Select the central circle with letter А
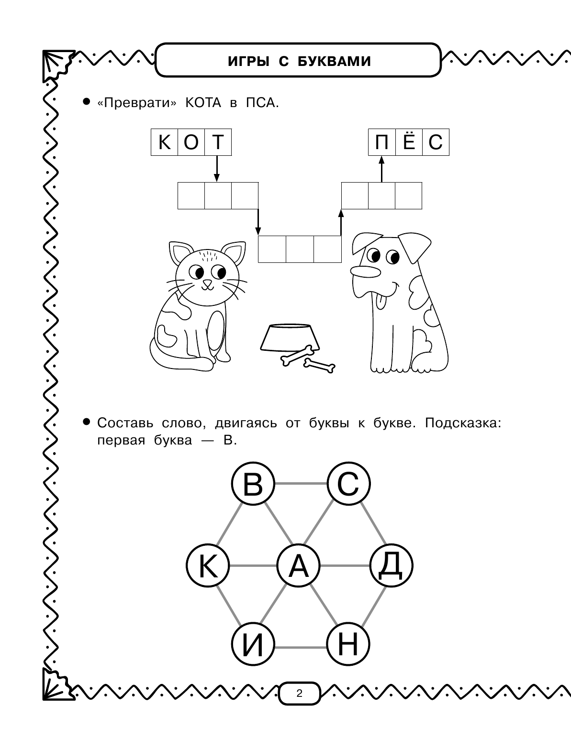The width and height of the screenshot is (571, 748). point(299,566)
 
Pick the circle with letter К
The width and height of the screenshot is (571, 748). point(208,566)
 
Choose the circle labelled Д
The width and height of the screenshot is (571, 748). point(392,566)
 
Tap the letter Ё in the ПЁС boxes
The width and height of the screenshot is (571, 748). point(409,142)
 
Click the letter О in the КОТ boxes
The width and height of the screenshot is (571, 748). point(191,142)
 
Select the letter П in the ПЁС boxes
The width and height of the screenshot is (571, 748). point(381,142)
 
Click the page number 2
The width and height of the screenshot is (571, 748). point(299,694)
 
